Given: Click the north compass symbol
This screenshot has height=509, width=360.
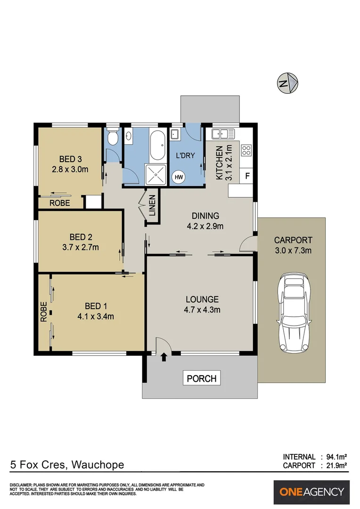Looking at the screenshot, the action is pyautogui.click(x=287, y=83).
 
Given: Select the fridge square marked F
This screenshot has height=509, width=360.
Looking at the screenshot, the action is pyautogui.click(x=247, y=176).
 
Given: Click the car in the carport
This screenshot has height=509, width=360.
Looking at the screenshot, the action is pyautogui.click(x=294, y=313).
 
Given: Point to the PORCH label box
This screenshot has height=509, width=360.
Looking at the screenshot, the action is pyautogui.click(x=202, y=378).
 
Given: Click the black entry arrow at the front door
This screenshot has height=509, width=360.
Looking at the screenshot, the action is pyautogui.click(x=164, y=357).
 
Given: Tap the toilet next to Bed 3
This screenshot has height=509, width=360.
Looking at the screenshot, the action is pyautogui.click(x=113, y=137).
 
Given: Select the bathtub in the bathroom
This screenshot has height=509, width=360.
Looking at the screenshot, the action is pyautogui.click(x=157, y=146).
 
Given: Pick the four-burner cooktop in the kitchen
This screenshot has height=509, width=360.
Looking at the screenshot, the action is pyautogui.click(x=246, y=150).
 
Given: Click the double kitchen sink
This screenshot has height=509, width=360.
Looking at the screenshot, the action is pyautogui.click(x=223, y=133).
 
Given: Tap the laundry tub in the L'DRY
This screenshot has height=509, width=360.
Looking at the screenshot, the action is pyautogui.click(x=175, y=134).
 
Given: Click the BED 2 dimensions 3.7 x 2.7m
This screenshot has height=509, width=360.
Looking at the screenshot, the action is pyautogui.click(x=81, y=247).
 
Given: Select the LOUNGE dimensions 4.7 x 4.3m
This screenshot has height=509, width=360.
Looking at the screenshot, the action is pyautogui.click(x=202, y=310).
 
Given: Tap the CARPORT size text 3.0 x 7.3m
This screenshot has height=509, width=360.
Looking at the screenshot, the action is pyautogui.click(x=293, y=250).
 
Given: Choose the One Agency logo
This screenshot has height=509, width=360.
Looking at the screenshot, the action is pyautogui.click(x=311, y=492).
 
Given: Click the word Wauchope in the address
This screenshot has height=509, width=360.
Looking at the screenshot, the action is pyautogui.click(x=98, y=465).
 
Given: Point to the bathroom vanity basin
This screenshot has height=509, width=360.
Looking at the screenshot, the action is pyautogui.click(x=128, y=136).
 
